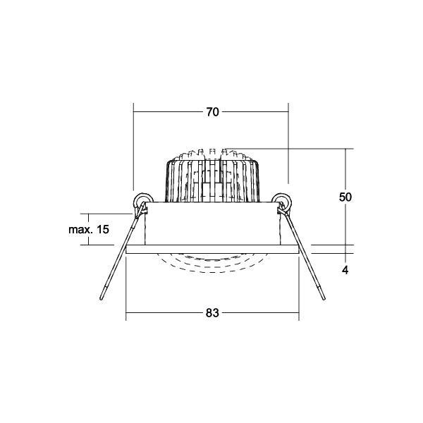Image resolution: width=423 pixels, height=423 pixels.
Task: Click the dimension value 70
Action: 213,112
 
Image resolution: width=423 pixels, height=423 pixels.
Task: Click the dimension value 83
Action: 212,313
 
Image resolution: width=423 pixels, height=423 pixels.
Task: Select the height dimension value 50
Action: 345,197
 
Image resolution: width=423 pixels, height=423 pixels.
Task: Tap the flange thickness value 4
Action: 345,270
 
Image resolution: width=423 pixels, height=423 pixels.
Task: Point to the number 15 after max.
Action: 103,230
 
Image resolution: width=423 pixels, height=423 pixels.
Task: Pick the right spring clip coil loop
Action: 281,200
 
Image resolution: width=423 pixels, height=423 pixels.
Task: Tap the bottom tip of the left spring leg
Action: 102,299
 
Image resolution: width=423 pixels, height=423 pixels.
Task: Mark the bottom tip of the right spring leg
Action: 324,298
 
